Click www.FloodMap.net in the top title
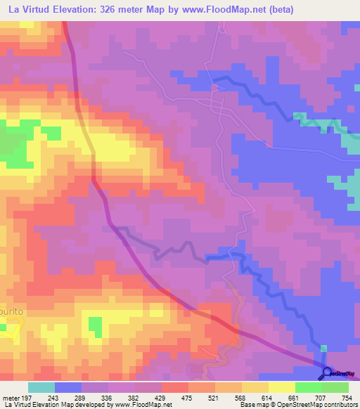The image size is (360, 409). [x=221, y=9]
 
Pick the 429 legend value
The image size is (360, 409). [x=161, y=397]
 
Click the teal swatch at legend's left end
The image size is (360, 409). [x=41, y=387]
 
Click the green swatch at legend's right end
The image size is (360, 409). [x=335, y=387]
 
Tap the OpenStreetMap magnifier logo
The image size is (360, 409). [x=327, y=373]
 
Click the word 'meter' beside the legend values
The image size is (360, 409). [x=10, y=397]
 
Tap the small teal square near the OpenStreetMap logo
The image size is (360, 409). [x=323, y=348]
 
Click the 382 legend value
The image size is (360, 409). [x=128, y=397]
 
